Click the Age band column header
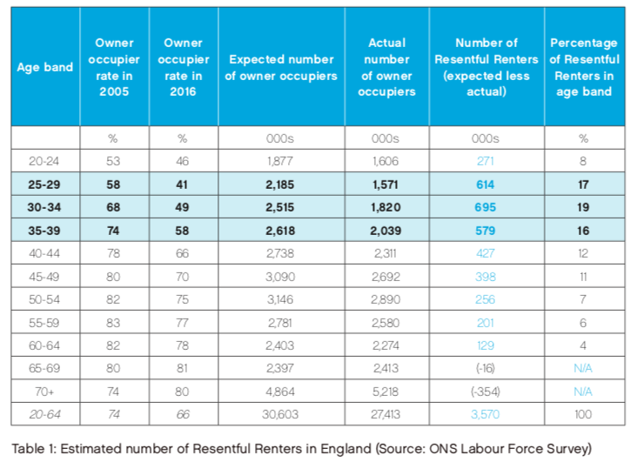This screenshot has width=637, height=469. (x=45, y=67)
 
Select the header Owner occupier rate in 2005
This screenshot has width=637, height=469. (x=114, y=67)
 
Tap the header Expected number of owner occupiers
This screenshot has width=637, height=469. (x=281, y=67)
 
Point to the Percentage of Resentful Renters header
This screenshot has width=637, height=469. (x=584, y=67)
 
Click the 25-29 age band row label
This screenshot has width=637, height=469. (x=44, y=184)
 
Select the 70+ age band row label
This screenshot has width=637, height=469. (x=44, y=392)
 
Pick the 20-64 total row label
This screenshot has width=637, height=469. (x=44, y=414)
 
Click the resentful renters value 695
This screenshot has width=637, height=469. (x=486, y=207)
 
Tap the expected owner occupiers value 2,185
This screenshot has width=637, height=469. (x=280, y=184)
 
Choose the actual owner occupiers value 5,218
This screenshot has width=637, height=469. (x=386, y=392)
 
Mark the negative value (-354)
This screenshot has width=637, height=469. (x=486, y=392)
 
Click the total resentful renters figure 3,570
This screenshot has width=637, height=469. (x=486, y=414)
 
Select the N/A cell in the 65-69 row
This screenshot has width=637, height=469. (x=583, y=368)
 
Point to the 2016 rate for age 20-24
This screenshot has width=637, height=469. (x=183, y=161)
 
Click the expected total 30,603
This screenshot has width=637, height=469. (x=280, y=414)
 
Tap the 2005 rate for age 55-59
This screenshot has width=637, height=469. (x=113, y=323)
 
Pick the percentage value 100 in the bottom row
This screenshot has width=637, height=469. (x=583, y=414)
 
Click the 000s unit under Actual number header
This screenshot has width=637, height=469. (x=386, y=138)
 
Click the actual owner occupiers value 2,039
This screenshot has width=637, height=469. (x=386, y=231)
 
